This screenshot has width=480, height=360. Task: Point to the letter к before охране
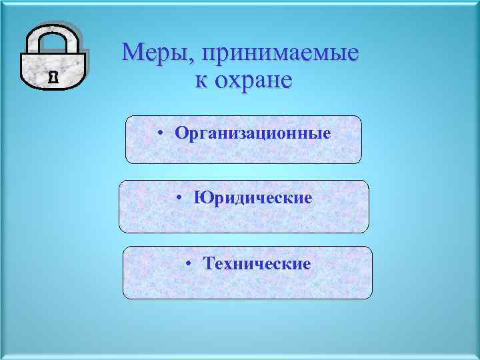200,81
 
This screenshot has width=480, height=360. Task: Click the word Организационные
253,133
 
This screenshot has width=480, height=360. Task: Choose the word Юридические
253,198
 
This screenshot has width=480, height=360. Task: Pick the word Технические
257,264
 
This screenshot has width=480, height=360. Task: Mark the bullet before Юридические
181,198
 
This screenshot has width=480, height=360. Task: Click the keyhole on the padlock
53,77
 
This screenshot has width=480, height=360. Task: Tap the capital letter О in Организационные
181,133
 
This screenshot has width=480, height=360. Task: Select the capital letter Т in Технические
210,264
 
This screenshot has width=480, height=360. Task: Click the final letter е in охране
285,81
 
